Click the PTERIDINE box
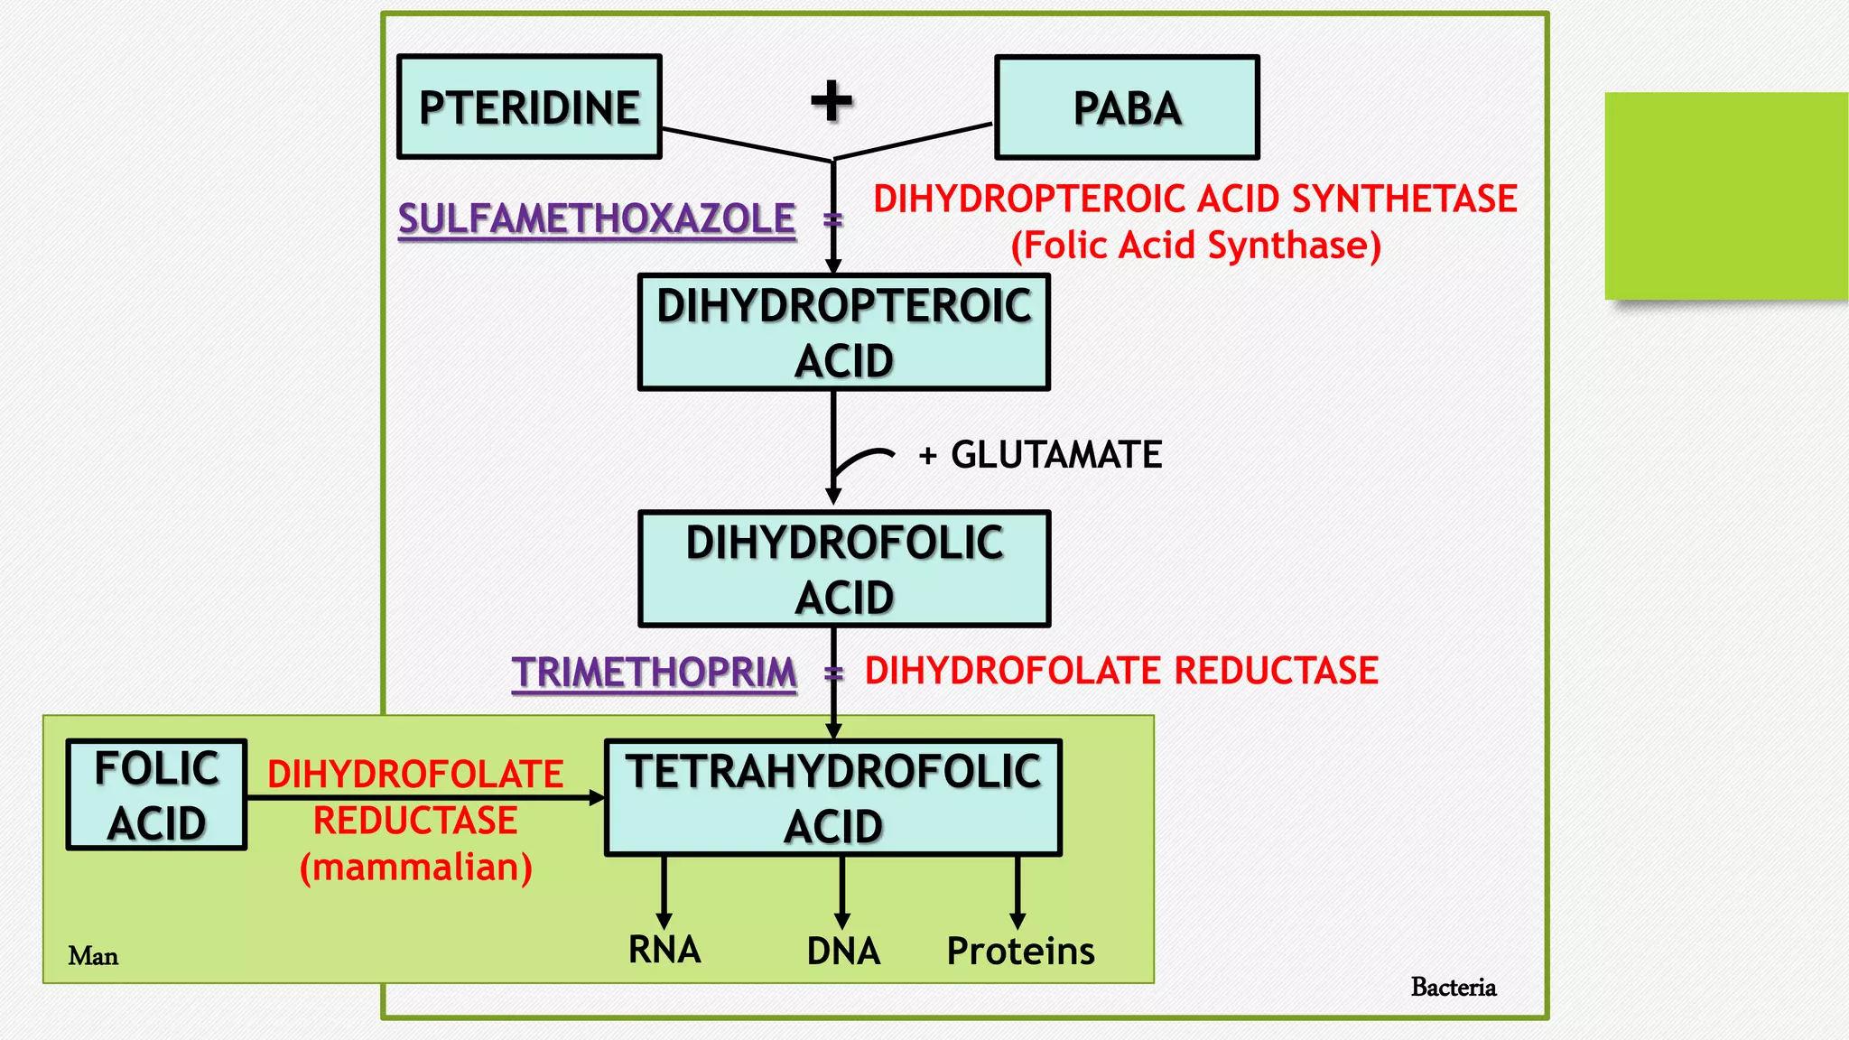[x=529, y=107]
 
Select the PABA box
[x=1127, y=107]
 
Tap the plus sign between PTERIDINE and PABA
[x=832, y=100]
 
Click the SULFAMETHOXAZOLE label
[x=597, y=219]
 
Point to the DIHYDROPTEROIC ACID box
[x=843, y=332]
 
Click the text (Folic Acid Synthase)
[x=1195, y=246]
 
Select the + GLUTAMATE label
[x=1040, y=454]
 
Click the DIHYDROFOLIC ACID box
[x=843, y=569]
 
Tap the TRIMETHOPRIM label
[x=655, y=673]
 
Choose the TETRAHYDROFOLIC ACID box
[x=832, y=798]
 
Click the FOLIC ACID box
[x=156, y=795]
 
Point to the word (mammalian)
[x=415, y=867]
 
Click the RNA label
[x=664, y=950]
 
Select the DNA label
[x=842, y=951]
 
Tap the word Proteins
[x=1020, y=951]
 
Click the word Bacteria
[x=1453, y=987]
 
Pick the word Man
[x=93, y=956]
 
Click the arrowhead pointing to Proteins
[x=1017, y=921]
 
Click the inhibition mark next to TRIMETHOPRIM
[x=833, y=673]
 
